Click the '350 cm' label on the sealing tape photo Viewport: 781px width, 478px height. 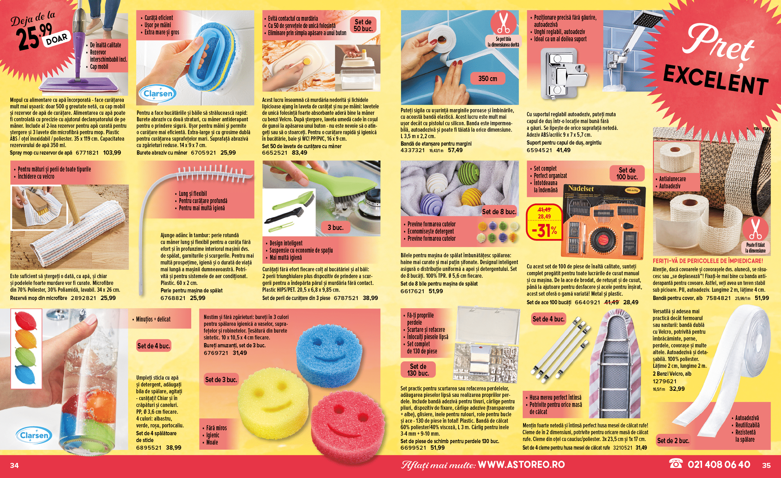[x=488, y=78]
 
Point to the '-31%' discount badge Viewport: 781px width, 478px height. [x=544, y=231]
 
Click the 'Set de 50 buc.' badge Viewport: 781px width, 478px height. [x=363, y=25]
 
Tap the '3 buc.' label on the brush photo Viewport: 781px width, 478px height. [x=335, y=228]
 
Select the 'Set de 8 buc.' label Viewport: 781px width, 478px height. [x=499, y=212]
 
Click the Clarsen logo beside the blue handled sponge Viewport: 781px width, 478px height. [x=158, y=94]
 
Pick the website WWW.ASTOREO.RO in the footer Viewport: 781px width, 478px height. [x=521, y=465]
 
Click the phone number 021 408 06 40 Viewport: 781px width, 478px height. [x=719, y=465]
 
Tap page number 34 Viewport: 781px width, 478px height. [x=14, y=465]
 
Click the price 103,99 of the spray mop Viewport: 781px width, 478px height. [x=112, y=153]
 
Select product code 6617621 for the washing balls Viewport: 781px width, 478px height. [x=413, y=291]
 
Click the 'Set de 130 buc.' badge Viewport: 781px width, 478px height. [x=418, y=370]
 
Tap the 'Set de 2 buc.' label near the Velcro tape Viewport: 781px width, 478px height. [x=673, y=441]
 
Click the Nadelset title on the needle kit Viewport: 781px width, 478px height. [x=581, y=189]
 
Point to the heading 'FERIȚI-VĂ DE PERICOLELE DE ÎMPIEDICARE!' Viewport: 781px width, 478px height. [x=708, y=261]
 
